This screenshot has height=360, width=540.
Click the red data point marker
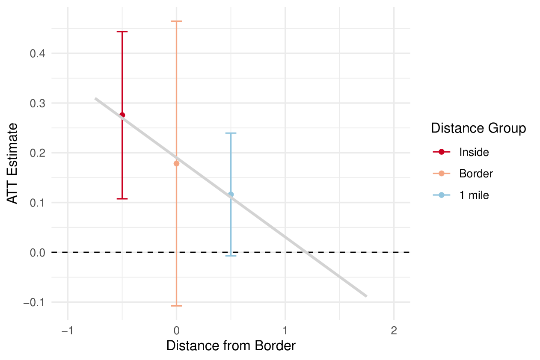click(x=122, y=115)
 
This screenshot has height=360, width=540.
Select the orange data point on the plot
click(x=176, y=163)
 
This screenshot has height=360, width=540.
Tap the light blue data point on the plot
click(x=231, y=194)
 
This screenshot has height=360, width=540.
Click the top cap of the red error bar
click(x=122, y=32)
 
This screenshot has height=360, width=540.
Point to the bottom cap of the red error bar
click(x=122, y=199)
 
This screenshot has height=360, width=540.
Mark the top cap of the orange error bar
click(x=176, y=21)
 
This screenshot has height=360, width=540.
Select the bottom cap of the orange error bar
click(x=176, y=306)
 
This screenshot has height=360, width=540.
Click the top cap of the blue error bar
click(x=231, y=133)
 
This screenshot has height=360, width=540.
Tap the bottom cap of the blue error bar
click(x=231, y=256)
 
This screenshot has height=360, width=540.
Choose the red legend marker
click(x=442, y=152)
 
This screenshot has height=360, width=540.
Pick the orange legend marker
click(x=442, y=173)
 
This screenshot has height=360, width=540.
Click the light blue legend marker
click(x=442, y=195)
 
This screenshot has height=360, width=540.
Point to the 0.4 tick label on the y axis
click(x=37, y=54)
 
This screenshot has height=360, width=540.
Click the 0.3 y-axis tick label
click(x=37, y=103)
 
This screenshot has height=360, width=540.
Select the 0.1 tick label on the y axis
click(x=37, y=203)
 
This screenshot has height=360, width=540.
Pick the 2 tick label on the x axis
click(x=394, y=331)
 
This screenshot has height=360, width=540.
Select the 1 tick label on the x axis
click(x=285, y=331)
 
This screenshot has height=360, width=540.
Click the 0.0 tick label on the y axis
click(x=37, y=253)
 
